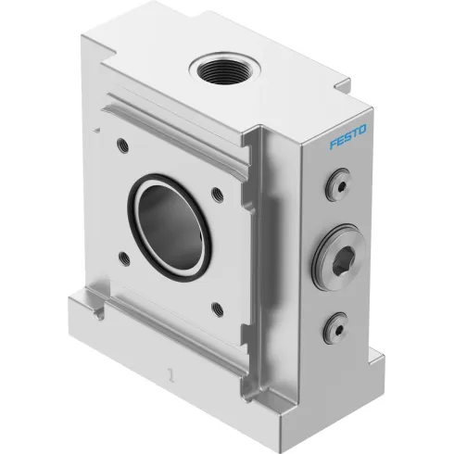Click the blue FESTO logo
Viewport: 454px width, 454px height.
[x=347, y=139]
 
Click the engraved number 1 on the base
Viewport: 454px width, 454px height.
[x=169, y=375]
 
